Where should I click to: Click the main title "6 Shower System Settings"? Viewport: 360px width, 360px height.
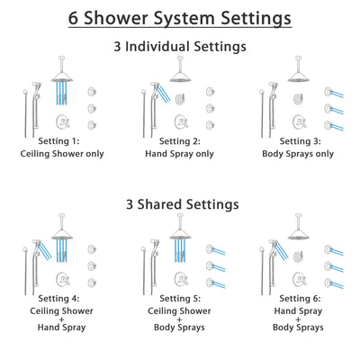(x=180, y=18)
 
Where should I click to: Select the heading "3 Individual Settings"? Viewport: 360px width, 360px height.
(x=180, y=46)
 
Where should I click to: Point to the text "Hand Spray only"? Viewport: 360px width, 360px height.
(x=180, y=153)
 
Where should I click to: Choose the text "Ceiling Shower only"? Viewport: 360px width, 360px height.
(x=68, y=153)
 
